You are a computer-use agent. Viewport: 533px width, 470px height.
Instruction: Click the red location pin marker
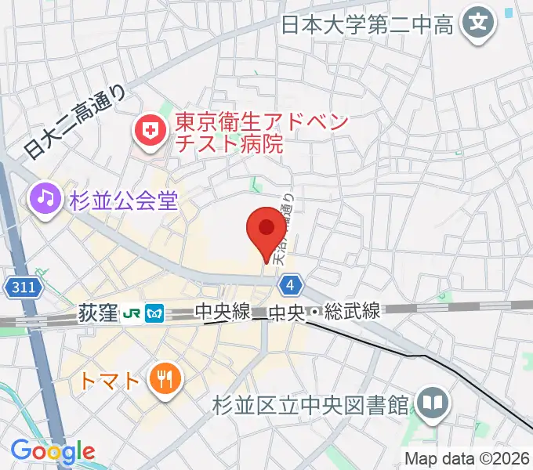click(266, 230)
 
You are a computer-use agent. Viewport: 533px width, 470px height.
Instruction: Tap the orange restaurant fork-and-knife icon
click(165, 381)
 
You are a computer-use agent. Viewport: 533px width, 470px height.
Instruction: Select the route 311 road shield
click(24, 287)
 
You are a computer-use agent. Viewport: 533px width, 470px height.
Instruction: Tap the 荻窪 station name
click(97, 313)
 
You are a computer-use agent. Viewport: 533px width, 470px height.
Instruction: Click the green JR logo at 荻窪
click(132, 314)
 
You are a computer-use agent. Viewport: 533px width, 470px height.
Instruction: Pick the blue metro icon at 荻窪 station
click(155, 314)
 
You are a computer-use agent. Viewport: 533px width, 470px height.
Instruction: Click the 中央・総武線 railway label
click(325, 313)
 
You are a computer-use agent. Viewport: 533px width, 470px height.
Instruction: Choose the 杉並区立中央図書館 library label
click(311, 405)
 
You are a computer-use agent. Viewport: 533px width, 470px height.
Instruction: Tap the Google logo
click(53, 452)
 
